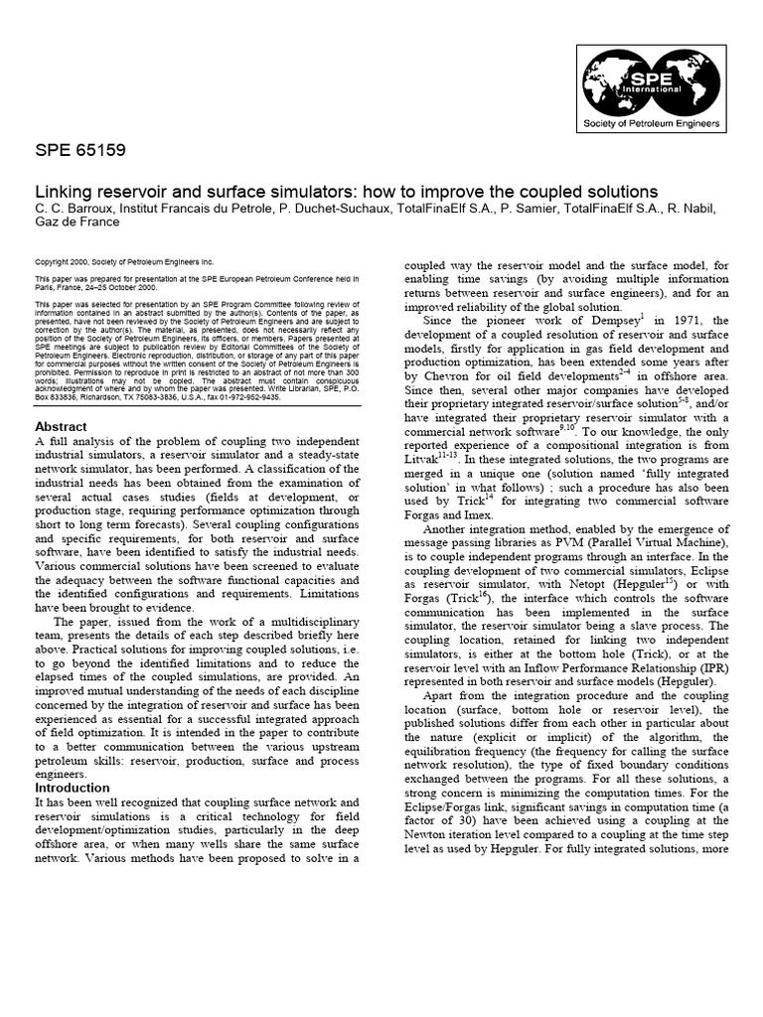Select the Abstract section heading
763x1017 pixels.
(61, 426)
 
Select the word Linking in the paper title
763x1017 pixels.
(65, 189)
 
